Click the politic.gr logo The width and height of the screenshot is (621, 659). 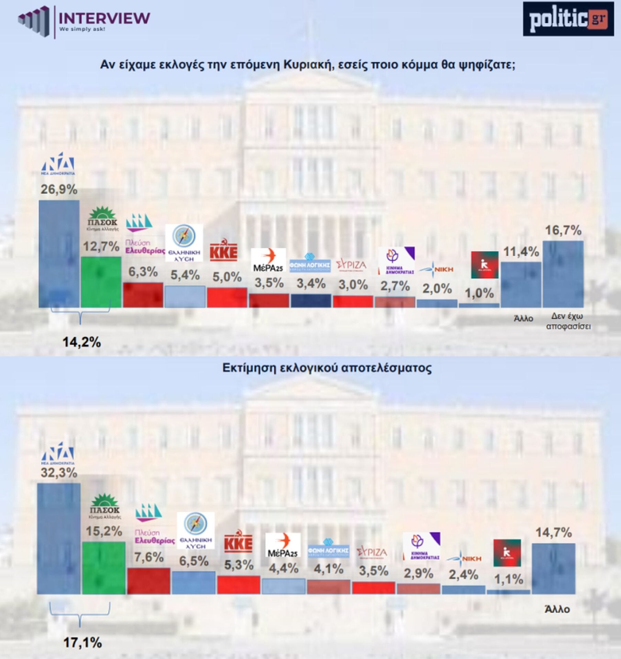click(x=568, y=19)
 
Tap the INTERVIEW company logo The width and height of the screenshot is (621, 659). click(x=84, y=21)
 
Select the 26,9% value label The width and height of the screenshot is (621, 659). click(x=59, y=189)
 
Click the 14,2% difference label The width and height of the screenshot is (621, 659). click(x=81, y=342)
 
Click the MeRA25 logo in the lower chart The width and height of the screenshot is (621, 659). click(x=283, y=545)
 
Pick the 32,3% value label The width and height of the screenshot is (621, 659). click(x=59, y=473)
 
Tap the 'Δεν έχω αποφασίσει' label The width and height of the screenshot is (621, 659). click(x=568, y=321)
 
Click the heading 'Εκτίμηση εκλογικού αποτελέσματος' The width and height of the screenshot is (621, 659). click(x=327, y=368)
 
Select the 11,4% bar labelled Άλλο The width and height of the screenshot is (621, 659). click(x=521, y=285)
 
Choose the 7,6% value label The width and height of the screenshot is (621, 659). click(x=149, y=557)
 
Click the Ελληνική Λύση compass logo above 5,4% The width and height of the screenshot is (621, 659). click(x=184, y=243)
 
